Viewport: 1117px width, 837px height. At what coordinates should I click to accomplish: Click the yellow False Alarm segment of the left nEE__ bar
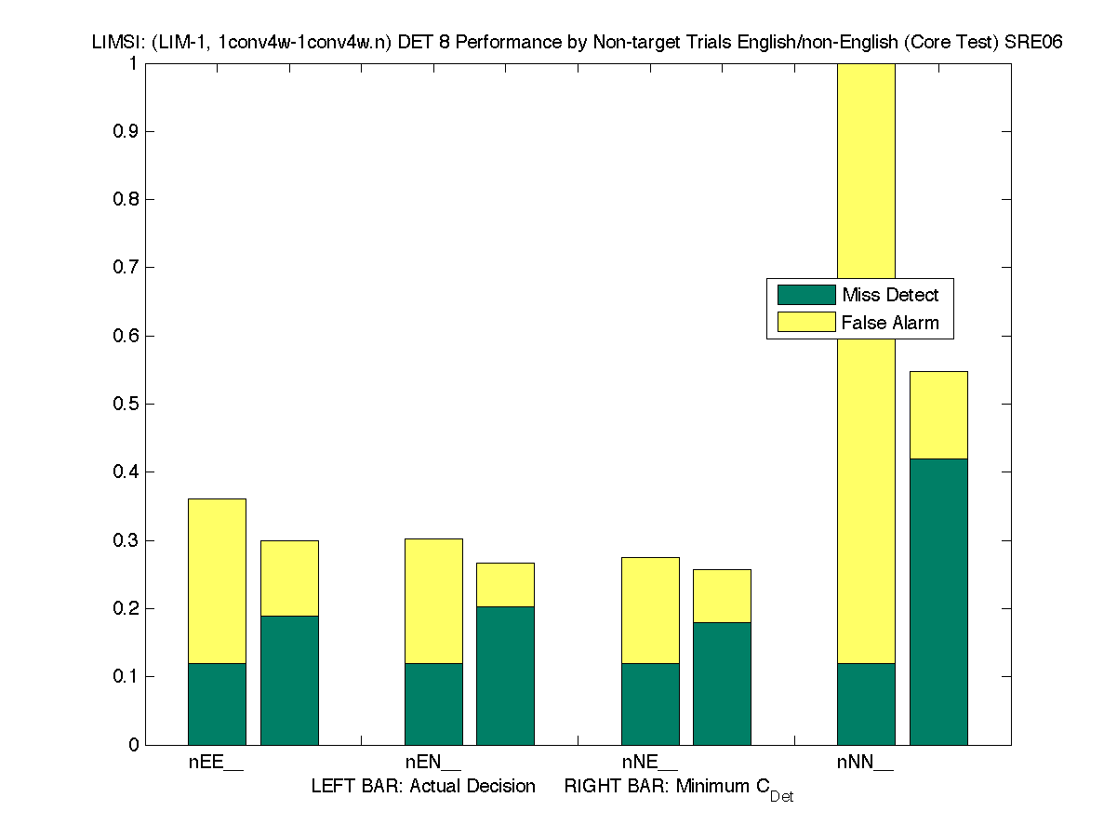[217, 580]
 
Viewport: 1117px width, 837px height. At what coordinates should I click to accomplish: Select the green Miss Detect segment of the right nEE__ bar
[289, 680]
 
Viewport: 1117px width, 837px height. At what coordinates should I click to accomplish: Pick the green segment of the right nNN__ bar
[938, 601]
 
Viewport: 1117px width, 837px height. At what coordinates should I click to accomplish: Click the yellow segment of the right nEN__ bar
[505, 584]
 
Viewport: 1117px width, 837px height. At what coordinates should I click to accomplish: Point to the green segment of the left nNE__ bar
[650, 703]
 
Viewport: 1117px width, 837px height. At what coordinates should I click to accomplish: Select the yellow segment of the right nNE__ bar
[722, 595]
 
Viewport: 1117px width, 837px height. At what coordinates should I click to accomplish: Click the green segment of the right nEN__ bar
[505, 675]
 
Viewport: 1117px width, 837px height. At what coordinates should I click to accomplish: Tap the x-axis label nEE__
[216, 764]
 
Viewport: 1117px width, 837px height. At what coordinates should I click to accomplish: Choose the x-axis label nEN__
[432, 764]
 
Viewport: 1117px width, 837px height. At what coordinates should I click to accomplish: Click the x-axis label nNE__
[649, 764]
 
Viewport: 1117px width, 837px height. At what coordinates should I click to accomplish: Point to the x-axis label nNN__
[865, 764]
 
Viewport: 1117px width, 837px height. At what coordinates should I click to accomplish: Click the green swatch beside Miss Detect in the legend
[805, 295]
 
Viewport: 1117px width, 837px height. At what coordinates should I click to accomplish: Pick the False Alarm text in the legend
[890, 323]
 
